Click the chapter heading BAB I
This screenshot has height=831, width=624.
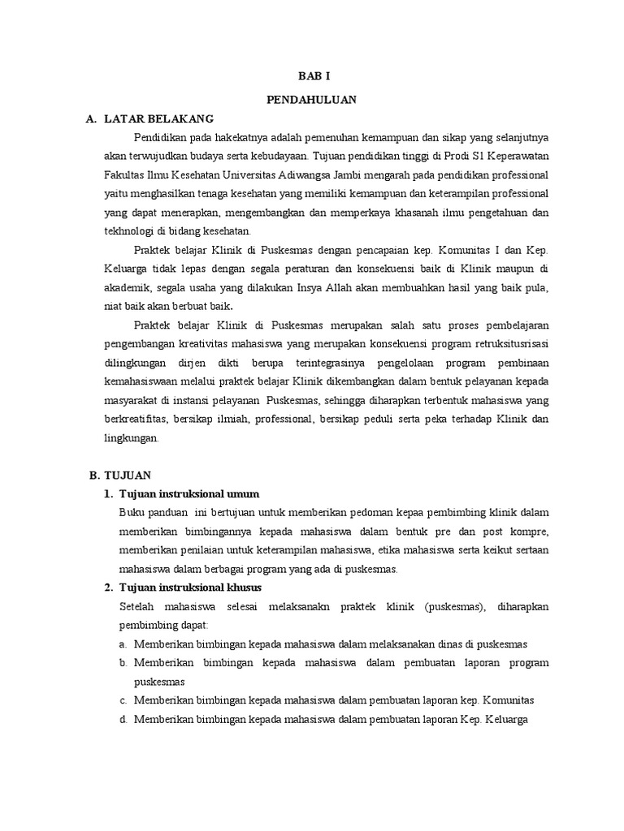pos(312,75)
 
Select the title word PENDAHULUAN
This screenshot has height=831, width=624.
pos(312,99)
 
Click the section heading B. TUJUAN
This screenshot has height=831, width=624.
pos(119,474)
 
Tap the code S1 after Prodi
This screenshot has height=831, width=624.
pos(462,156)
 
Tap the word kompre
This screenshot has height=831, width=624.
pos(531,532)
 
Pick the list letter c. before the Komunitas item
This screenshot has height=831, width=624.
pos(123,700)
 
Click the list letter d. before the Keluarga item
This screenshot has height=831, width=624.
pos(123,719)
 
